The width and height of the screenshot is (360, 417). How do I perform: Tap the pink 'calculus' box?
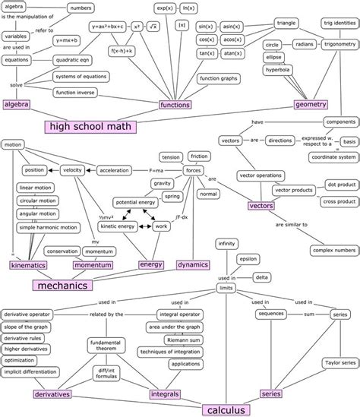point(225,410)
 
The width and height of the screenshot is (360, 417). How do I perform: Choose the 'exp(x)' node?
point(165,8)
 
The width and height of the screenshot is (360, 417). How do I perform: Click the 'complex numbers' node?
point(333,249)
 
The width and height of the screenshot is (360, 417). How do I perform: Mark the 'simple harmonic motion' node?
point(48,227)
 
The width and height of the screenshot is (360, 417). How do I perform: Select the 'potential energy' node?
point(136,203)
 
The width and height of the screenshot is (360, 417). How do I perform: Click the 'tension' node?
point(171,156)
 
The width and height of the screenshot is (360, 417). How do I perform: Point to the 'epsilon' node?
point(247,258)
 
